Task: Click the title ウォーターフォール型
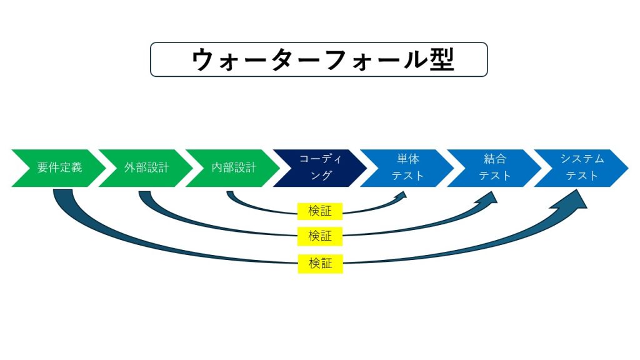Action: [x=323, y=59]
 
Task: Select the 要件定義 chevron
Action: [x=59, y=168]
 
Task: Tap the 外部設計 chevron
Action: [x=146, y=168]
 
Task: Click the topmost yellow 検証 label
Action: [x=320, y=211]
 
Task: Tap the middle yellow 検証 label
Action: [x=320, y=236]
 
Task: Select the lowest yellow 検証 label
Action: [x=321, y=264]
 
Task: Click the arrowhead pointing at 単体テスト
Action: [x=402, y=195]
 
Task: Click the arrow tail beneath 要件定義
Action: [x=63, y=192]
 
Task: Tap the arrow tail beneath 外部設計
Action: [x=145, y=194]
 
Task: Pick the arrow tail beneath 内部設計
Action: [x=230, y=193]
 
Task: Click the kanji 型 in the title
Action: [x=442, y=59]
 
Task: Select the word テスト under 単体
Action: [x=407, y=176]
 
